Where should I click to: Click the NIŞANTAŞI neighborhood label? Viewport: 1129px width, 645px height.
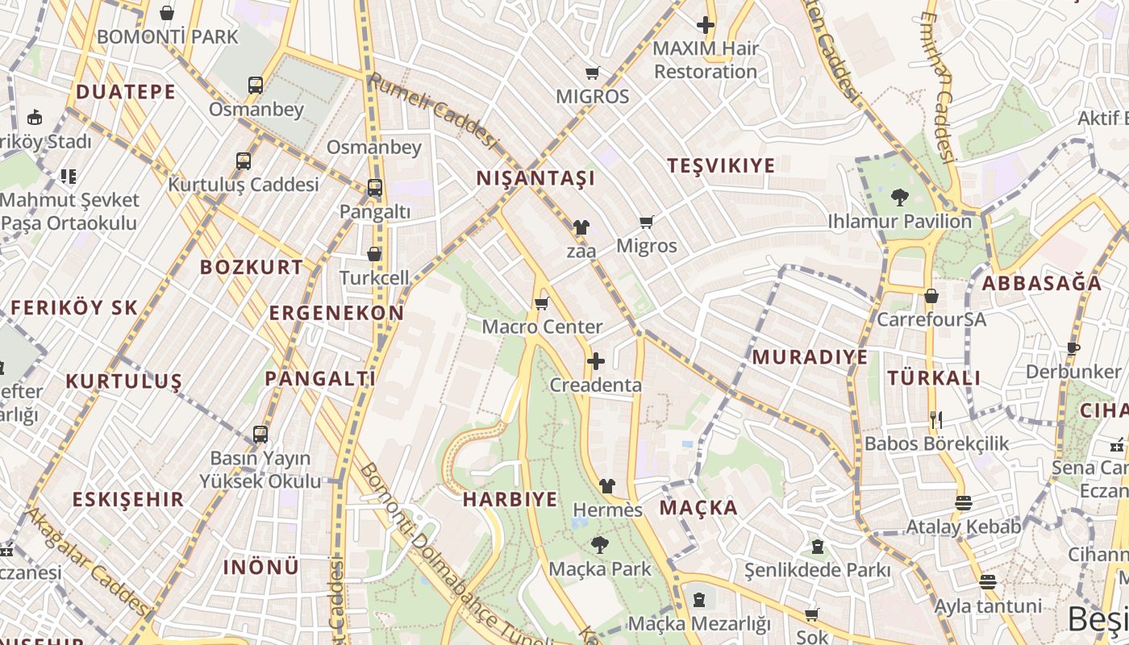coord(535,178)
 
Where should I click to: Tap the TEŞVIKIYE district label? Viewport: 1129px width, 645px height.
coord(721,165)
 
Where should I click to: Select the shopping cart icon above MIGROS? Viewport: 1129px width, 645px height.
coord(593,73)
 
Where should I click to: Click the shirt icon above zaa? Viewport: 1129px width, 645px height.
coord(581,227)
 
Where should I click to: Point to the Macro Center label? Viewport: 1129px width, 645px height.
coord(542,327)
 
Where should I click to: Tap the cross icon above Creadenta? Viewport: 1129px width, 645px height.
coord(596,361)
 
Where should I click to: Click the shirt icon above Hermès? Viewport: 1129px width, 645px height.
coord(607,486)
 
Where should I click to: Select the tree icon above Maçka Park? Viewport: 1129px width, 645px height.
coord(599,544)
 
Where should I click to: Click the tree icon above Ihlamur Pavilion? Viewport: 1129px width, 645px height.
coord(899,197)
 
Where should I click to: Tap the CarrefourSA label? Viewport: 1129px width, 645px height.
coord(931,319)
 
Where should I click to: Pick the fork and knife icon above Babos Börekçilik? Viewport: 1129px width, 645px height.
coord(936,419)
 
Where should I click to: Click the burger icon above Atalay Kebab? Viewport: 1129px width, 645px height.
coord(963,503)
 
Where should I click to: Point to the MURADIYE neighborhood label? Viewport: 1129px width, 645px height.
coord(810,356)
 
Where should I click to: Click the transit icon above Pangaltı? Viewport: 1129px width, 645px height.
coord(375,188)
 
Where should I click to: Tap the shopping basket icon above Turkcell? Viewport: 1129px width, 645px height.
coord(374,254)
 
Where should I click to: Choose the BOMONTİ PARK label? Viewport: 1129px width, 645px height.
coord(168,36)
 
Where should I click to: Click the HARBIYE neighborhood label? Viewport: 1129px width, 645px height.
coord(510,499)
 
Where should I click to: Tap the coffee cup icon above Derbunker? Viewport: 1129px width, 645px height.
coord(1073,348)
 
